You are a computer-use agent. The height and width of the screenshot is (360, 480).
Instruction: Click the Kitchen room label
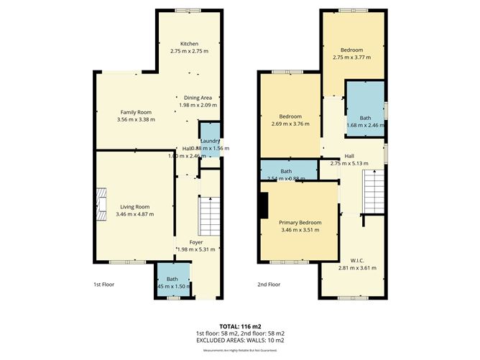point(189,44)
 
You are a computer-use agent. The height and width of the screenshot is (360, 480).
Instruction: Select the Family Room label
point(135,112)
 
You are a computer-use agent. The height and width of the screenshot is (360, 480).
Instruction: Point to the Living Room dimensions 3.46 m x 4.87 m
point(134,214)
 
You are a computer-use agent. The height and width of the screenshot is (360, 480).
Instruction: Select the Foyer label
point(195,241)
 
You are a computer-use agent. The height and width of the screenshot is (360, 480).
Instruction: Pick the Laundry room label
point(210,141)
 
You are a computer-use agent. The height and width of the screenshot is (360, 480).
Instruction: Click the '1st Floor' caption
point(103,285)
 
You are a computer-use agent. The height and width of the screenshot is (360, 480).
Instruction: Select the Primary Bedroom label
point(300,223)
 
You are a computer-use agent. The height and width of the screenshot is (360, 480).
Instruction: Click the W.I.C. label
point(357,260)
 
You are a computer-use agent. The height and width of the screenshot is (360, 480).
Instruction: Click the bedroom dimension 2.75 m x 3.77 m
point(352,57)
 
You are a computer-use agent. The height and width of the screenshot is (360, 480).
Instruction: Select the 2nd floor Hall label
point(349,156)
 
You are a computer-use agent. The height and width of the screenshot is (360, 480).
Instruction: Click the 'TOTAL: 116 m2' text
point(240,326)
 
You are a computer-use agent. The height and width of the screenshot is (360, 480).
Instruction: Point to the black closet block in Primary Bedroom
point(264,204)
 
